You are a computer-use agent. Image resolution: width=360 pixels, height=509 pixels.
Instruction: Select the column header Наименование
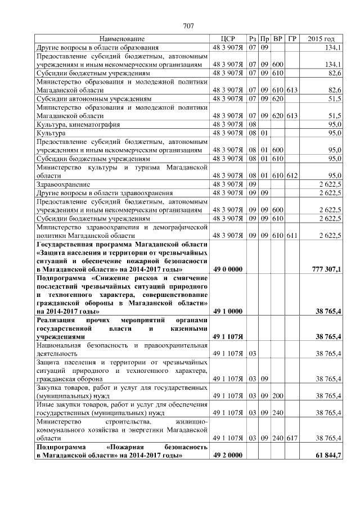click(121, 39)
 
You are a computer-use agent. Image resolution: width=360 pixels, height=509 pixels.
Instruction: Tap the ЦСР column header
click(228, 39)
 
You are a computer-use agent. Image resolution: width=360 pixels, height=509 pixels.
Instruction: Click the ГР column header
click(292, 39)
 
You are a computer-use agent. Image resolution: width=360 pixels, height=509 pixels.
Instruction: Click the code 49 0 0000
click(228, 269)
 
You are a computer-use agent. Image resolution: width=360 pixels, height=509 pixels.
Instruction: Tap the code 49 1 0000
click(228, 310)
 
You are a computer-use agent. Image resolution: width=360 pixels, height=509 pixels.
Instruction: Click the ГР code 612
click(292, 175)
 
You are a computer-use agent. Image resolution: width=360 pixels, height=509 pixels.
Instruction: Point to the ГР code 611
click(292, 235)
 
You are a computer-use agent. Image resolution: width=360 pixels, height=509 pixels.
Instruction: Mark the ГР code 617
click(292, 437)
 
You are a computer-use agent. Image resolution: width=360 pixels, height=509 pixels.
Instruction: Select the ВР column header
click(278, 39)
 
